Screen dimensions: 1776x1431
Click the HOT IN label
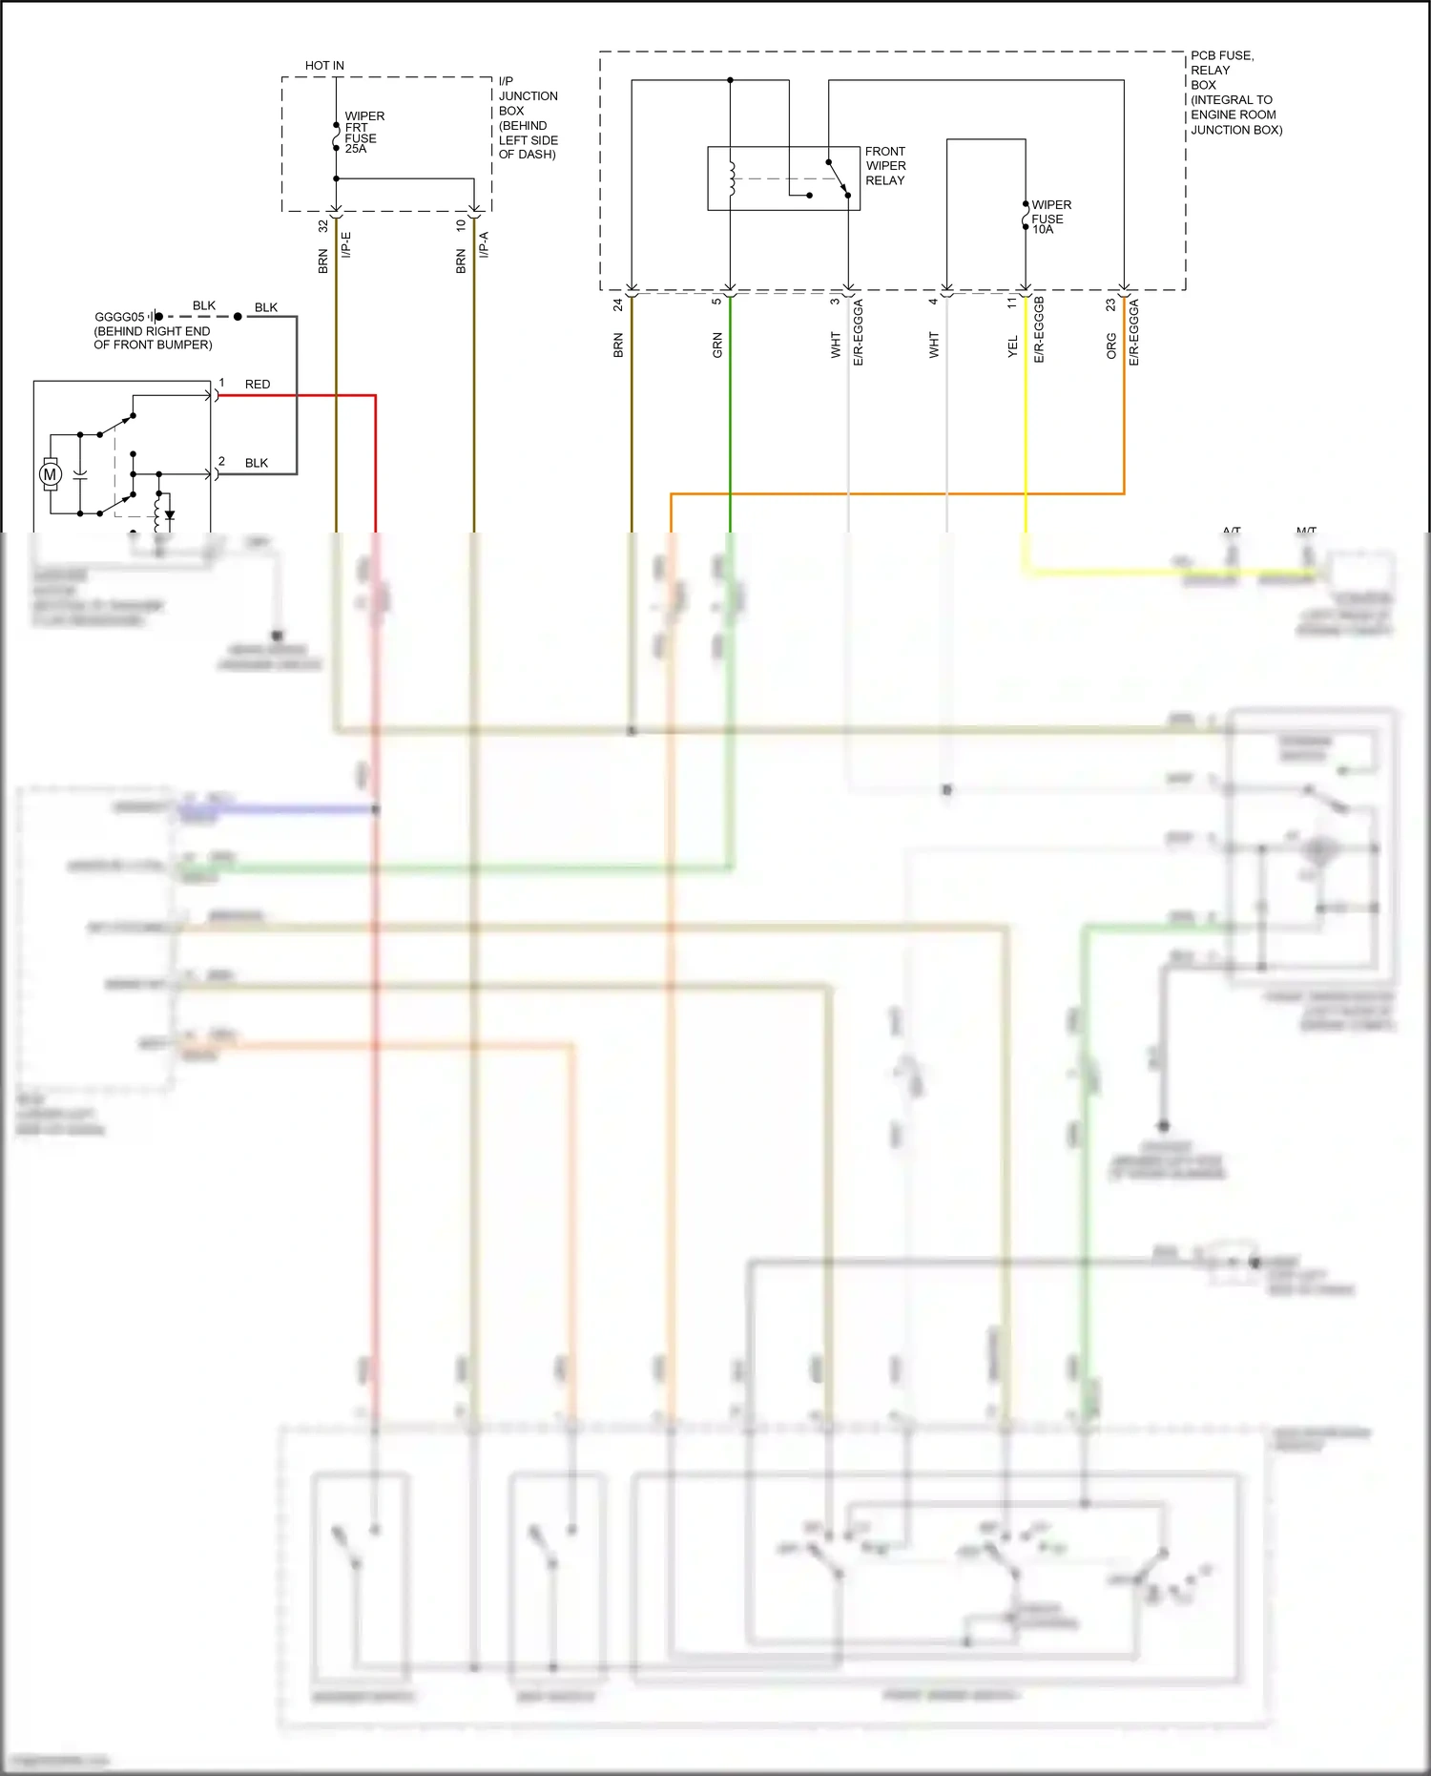point(324,66)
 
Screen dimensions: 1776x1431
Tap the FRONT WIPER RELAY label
point(885,166)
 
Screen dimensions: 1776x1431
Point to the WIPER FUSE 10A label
point(1050,217)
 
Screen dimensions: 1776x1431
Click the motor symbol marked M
point(51,474)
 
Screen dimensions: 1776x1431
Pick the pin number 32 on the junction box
point(323,226)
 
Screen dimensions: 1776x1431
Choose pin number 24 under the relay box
point(618,304)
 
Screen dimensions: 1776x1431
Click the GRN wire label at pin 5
point(717,345)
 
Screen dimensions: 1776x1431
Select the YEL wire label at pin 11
point(1013,348)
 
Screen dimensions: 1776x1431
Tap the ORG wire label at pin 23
point(1111,345)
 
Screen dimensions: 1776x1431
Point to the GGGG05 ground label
point(119,317)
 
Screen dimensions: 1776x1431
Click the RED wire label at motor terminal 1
point(258,385)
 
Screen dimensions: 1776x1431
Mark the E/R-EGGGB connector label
point(1040,330)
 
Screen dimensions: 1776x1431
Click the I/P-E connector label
point(346,244)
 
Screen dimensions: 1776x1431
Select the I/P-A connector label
point(484,244)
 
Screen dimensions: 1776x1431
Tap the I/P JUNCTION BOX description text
point(528,117)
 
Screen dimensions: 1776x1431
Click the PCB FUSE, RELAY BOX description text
point(1235,93)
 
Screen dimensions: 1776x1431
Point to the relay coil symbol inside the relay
point(731,178)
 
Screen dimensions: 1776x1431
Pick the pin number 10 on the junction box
point(461,226)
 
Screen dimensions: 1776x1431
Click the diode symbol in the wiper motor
point(170,515)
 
